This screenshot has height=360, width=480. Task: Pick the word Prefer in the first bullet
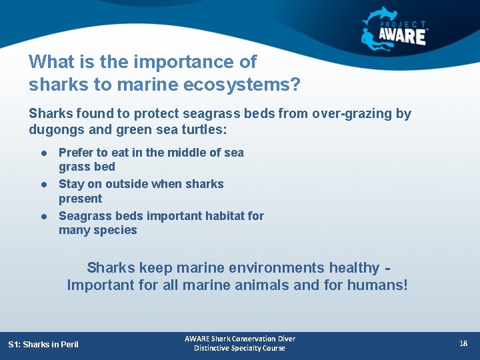click(x=76, y=153)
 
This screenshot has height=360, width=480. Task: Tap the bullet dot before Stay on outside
click(x=43, y=185)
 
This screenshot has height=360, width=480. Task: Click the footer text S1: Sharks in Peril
click(x=43, y=344)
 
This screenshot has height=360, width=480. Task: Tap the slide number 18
click(x=463, y=343)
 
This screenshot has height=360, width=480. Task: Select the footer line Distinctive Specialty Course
click(x=239, y=348)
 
